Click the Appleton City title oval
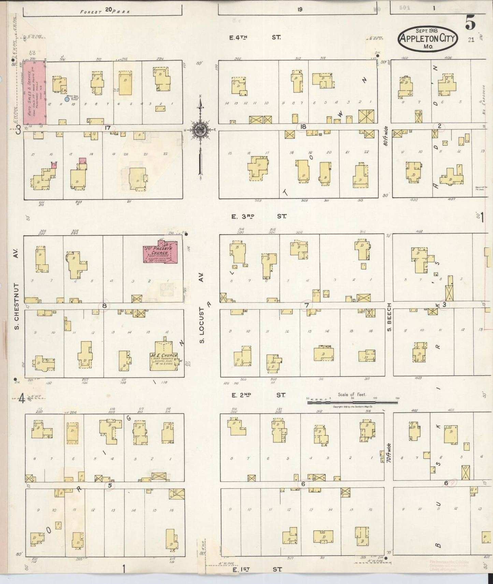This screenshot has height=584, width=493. [x=427, y=39]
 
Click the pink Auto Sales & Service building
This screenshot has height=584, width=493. [x=34, y=93]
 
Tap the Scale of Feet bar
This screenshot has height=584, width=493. [x=352, y=402]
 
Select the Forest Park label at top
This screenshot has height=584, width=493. [x=105, y=11]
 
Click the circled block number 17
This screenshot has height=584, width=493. [x=108, y=128]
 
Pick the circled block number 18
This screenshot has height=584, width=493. [x=303, y=127]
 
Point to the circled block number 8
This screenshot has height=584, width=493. [x=104, y=306]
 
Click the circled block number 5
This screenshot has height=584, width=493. [x=110, y=486]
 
